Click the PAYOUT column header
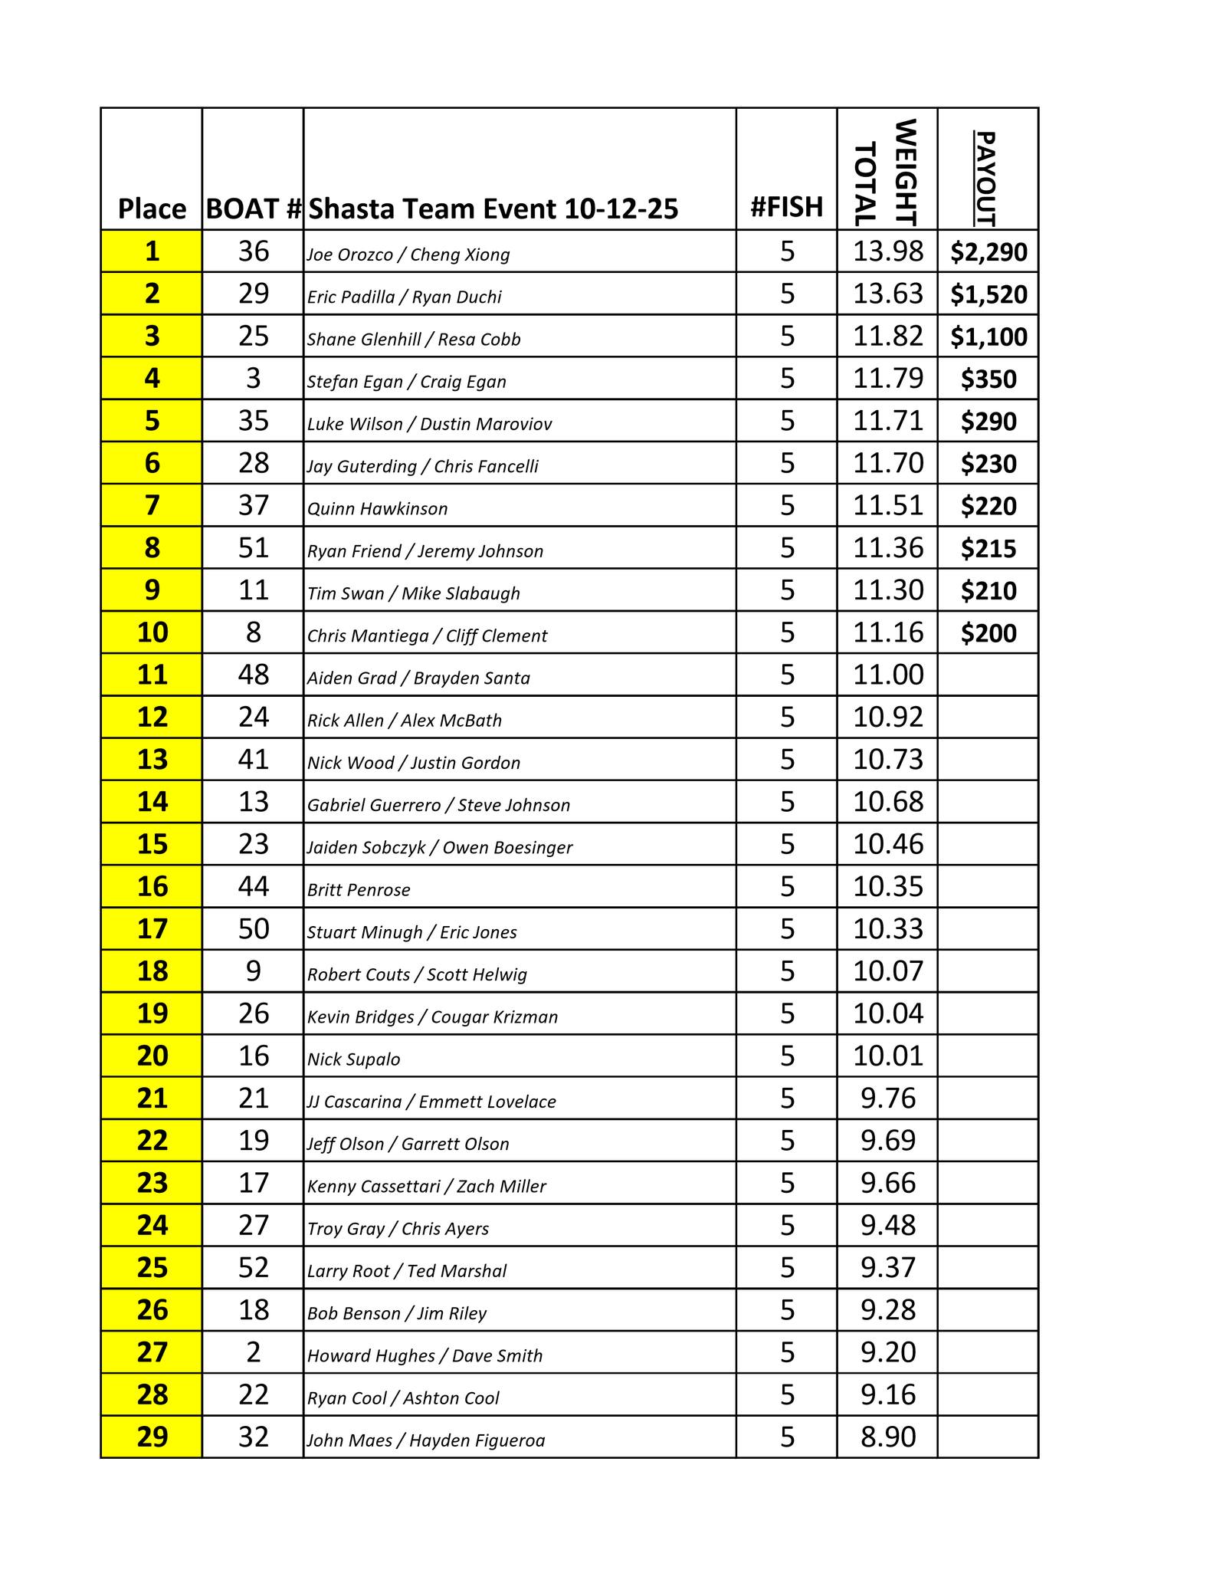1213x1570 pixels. point(987,178)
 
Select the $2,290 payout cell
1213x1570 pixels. point(988,252)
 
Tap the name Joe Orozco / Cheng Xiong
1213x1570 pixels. point(408,255)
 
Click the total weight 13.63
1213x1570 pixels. point(888,294)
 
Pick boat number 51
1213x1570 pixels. point(253,548)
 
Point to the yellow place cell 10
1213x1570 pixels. point(152,632)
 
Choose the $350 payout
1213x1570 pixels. point(988,379)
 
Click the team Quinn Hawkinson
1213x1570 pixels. point(377,509)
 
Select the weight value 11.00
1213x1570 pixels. point(888,675)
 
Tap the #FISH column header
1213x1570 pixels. point(786,207)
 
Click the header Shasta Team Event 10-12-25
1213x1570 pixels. point(493,209)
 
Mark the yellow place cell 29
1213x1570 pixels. point(152,1437)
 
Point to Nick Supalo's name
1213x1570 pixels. point(353,1059)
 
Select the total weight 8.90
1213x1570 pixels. point(888,1437)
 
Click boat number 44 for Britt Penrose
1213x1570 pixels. point(253,887)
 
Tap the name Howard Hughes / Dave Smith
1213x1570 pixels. point(425,1355)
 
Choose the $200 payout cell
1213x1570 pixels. point(988,633)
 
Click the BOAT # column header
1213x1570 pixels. point(253,209)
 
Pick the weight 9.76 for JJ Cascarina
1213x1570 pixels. point(888,1099)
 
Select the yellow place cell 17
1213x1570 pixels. point(152,929)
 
